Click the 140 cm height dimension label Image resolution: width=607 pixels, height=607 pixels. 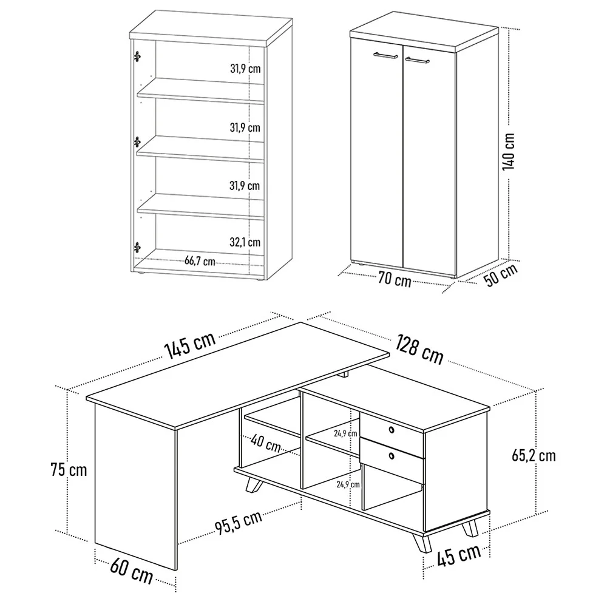pyautogui.click(x=509, y=151)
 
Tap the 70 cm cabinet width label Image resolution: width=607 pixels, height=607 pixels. pyautogui.click(x=395, y=279)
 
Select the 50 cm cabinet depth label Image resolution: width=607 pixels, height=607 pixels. pyautogui.click(x=501, y=275)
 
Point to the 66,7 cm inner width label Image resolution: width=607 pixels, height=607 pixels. pyautogui.click(x=200, y=261)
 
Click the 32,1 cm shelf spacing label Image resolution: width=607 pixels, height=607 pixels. pyautogui.click(x=245, y=242)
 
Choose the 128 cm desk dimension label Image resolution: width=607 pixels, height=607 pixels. pyautogui.click(x=419, y=350)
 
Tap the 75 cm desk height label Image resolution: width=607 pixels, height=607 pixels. pyautogui.click(x=69, y=470)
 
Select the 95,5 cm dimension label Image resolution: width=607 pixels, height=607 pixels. pyautogui.click(x=239, y=523)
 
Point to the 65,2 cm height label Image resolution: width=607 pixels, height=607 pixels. pyautogui.click(x=534, y=456)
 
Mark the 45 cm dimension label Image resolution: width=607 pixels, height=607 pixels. pyautogui.click(x=459, y=555)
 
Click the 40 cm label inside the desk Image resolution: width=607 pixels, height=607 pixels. pyautogui.click(x=266, y=443)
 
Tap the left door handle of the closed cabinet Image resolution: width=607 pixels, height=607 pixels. pyautogui.click(x=386, y=55)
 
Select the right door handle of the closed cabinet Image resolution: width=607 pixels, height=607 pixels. pyautogui.click(x=418, y=60)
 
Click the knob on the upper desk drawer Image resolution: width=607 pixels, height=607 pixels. pyautogui.click(x=392, y=430)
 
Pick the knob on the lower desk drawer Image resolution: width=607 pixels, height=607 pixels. pyautogui.click(x=392, y=456)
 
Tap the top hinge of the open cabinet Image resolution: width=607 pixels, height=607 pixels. pyautogui.click(x=137, y=56)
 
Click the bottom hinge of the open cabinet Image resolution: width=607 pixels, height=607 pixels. pyautogui.click(x=137, y=247)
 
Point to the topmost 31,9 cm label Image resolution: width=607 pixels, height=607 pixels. pyautogui.click(x=245, y=69)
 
